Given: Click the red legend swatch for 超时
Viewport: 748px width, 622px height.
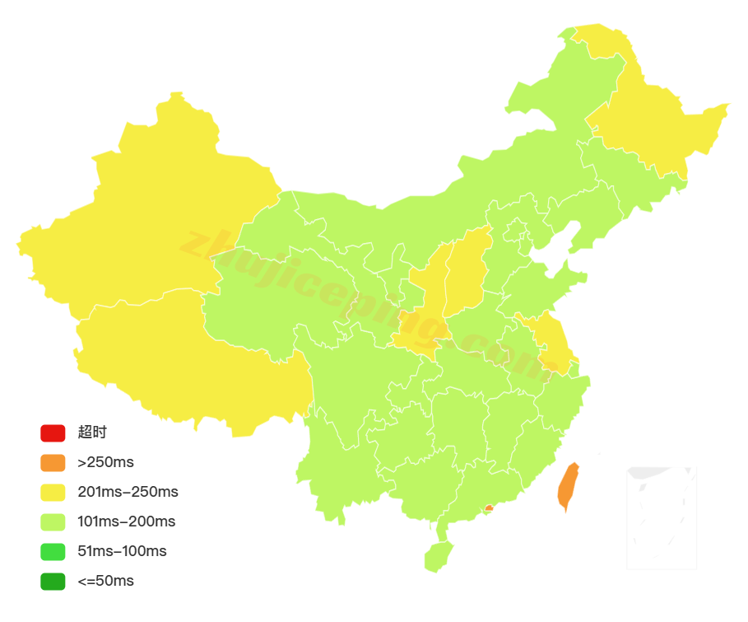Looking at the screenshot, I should point(53,433).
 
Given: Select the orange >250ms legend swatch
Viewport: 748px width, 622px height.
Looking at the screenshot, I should point(53,462).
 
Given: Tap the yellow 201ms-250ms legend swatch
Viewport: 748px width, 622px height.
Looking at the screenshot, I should point(53,492).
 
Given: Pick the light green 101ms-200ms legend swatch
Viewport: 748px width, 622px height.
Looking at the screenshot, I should point(53,521).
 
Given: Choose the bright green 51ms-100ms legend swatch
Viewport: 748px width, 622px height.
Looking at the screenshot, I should point(53,551).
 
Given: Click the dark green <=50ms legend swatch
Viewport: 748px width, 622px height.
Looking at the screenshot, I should point(53,581).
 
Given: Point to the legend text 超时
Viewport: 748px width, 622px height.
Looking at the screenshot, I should point(92,433).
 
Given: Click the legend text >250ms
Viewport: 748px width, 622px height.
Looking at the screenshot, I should point(105,462).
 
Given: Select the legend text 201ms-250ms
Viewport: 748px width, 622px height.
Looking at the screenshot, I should point(128,492).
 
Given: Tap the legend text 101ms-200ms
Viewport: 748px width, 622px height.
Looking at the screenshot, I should point(126,521).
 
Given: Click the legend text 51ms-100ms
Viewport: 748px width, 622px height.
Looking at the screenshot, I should point(122,551).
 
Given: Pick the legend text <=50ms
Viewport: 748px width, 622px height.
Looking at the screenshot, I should point(105,581).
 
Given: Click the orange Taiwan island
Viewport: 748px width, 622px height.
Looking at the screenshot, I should point(568,486).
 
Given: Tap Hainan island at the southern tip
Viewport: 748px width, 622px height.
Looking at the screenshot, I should point(439,556).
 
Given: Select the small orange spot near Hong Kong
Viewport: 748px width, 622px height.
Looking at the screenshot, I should point(489,508).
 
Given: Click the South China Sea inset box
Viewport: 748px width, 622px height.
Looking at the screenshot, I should point(661,517).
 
